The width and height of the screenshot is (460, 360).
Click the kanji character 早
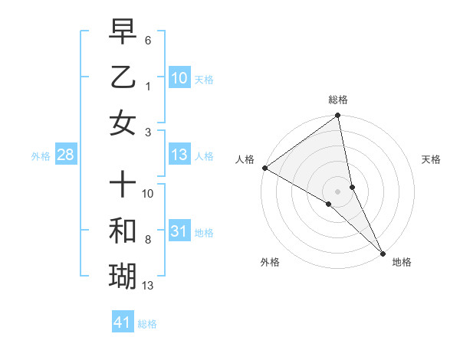coord(123,32)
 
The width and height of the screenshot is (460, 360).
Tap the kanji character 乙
coord(123,78)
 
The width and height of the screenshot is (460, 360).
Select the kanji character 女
coord(123,123)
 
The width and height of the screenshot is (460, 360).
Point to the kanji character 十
coord(123,184)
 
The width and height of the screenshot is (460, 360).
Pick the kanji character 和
coord(123,230)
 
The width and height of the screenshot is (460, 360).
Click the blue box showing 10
coord(179,77)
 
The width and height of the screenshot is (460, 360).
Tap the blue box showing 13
coord(179,155)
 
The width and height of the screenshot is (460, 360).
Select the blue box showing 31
coord(179,231)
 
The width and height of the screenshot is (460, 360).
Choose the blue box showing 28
coord(65,155)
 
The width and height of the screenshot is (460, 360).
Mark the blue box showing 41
coord(123,322)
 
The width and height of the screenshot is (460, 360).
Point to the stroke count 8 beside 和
coord(148,240)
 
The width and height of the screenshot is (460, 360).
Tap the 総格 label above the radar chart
coord(338,100)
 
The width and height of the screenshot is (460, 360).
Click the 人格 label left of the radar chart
coord(245,159)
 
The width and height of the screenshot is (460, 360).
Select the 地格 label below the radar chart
coord(402,263)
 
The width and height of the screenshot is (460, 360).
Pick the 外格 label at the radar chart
coord(270,263)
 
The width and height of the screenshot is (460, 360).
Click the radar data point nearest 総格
coord(338,116)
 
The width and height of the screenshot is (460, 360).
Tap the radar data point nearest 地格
coord(383,252)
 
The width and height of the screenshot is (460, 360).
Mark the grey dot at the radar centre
coord(338,191)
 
